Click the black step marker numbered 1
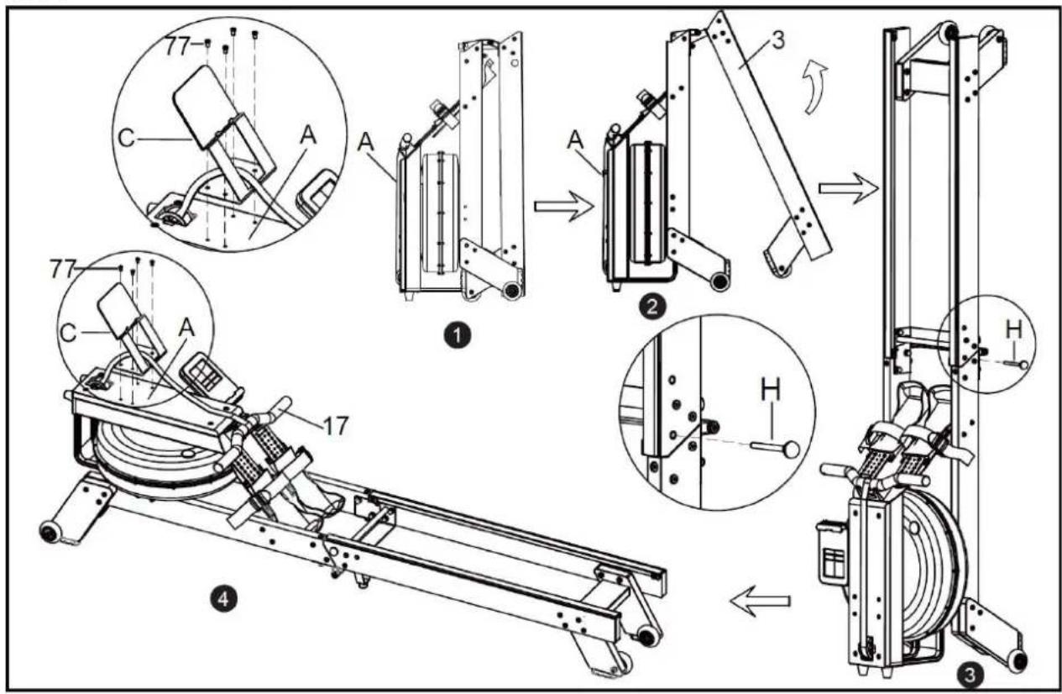[x=457, y=335]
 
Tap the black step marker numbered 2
[x=651, y=307]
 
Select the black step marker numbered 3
[x=970, y=675]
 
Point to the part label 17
[x=336, y=425]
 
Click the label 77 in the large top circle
[x=179, y=47]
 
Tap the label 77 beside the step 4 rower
[x=64, y=270]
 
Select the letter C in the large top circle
[x=127, y=139]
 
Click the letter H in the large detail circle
[x=771, y=391]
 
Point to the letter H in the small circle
[x=1014, y=329]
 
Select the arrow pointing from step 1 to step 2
[x=564, y=207]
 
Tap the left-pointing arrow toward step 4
[x=760, y=602]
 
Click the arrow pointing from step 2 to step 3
[x=849, y=189]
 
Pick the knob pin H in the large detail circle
[x=775, y=447]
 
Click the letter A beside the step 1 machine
[x=365, y=142]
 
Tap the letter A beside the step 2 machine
[x=576, y=139]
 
